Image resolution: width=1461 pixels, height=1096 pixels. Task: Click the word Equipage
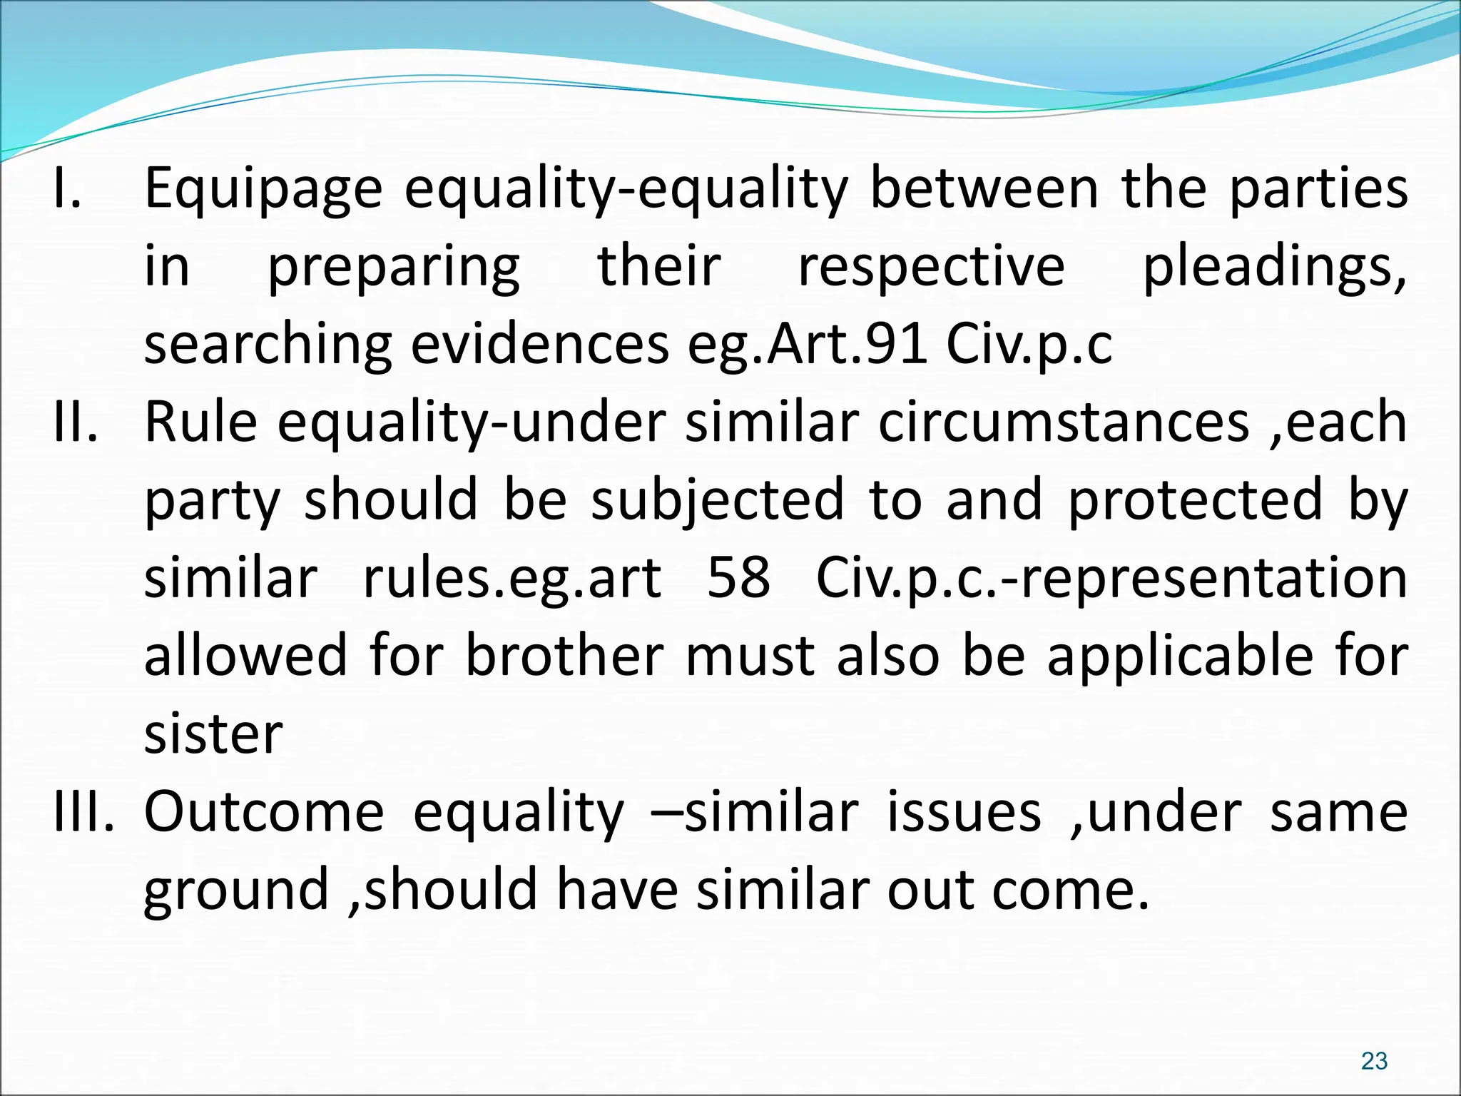(x=263, y=189)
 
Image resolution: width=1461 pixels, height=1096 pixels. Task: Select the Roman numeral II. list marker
(x=76, y=422)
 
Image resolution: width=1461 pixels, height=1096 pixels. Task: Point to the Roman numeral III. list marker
(x=84, y=812)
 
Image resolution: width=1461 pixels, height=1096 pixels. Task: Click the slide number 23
(x=1374, y=1061)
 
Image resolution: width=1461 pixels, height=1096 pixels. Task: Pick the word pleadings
(x=1275, y=268)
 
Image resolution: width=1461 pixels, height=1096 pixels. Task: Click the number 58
(x=738, y=578)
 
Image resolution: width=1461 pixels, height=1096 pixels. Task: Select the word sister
(x=213, y=734)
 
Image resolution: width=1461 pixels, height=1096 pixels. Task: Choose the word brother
(x=564, y=656)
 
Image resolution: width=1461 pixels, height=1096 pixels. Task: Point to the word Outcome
(x=264, y=812)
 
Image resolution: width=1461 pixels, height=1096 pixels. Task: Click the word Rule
(x=200, y=422)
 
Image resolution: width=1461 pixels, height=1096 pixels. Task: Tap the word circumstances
(x=1064, y=422)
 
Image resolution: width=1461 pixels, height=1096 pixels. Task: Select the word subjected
(x=718, y=499)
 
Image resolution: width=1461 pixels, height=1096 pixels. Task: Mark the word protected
(x=1196, y=499)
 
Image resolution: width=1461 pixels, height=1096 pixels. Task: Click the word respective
(x=931, y=267)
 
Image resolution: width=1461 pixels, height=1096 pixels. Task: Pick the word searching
(x=268, y=345)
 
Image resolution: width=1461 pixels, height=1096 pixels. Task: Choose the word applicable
(x=1180, y=656)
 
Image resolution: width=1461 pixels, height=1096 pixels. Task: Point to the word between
(x=985, y=189)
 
